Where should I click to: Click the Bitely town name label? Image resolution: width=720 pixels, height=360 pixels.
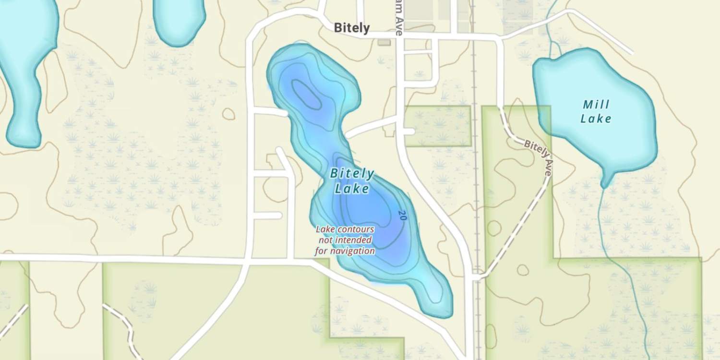[352, 28]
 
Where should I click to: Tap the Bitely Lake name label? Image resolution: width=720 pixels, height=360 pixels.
[352, 181]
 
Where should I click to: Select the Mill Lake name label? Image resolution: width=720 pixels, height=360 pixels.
[596, 111]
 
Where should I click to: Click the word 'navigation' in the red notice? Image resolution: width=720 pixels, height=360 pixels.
[345, 251]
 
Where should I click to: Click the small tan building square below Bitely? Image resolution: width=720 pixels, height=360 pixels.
[384, 43]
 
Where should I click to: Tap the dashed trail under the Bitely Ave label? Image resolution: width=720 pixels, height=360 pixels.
[518, 226]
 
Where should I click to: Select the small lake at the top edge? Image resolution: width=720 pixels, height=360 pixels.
[179, 19]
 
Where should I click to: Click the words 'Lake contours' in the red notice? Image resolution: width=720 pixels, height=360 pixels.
[345, 229]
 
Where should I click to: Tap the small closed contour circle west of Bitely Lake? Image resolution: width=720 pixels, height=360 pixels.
[228, 114]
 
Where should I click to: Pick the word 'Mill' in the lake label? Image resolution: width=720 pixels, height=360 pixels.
[596, 104]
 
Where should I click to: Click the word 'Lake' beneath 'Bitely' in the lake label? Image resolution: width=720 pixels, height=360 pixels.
[352, 189]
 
